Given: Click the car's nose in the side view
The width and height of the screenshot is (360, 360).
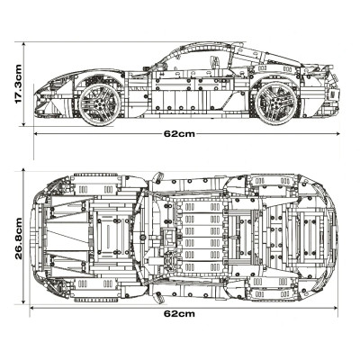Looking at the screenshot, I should [38, 103].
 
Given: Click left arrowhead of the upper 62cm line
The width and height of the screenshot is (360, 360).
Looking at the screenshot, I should [34, 133].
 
